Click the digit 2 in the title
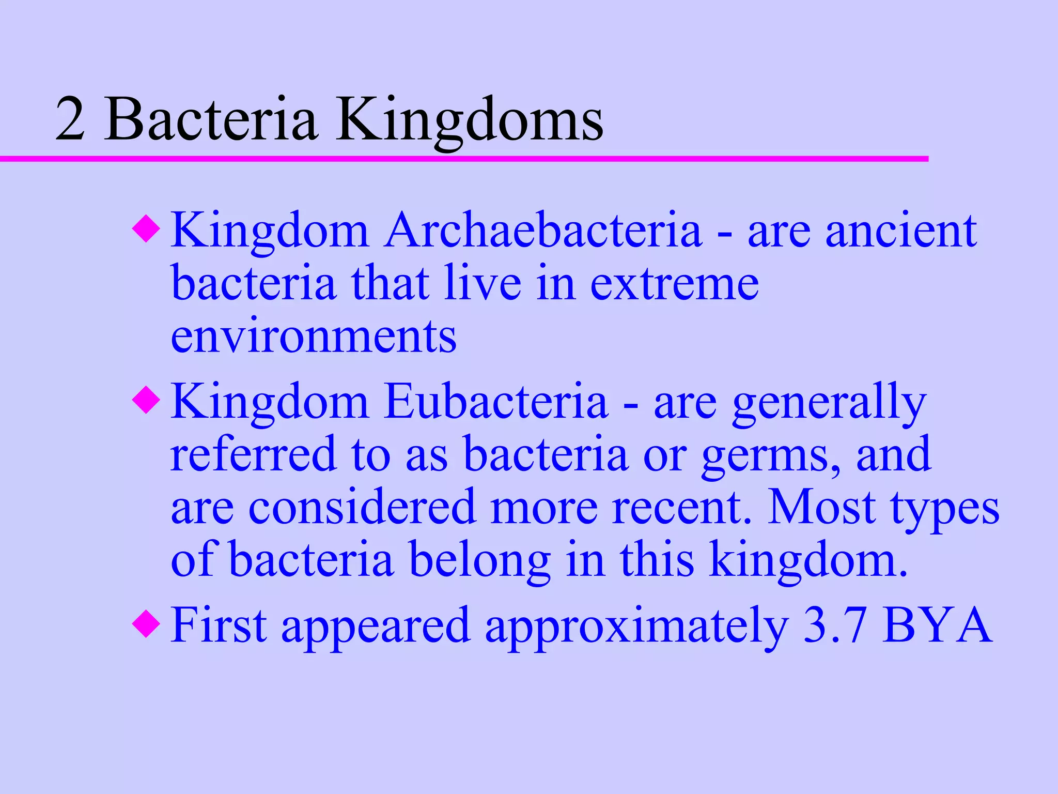point(70,120)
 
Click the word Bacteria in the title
point(210,120)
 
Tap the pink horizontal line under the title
point(465,159)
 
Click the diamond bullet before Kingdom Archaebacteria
point(146,230)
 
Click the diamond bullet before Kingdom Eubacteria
point(146,401)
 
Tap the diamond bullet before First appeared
point(146,624)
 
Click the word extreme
point(674,284)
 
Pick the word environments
point(314,337)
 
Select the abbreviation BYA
point(937,625)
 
